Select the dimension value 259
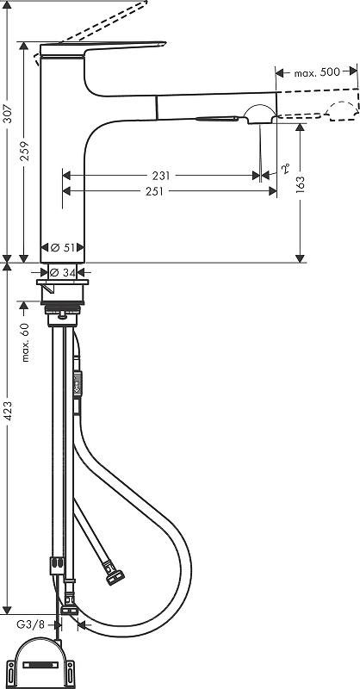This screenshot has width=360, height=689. click(25, 151)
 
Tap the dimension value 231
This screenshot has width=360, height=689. click(161, 176)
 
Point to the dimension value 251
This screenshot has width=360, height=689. click(154, 191)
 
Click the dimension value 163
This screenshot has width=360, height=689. click(301, 185)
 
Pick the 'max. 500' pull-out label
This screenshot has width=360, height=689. click(317, 72)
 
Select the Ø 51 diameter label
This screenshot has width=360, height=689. click(63, 247)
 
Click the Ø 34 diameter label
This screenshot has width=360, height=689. click(63, 273)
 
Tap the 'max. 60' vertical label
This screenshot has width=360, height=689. click(25, 342)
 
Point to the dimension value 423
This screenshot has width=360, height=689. click(8, 412)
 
